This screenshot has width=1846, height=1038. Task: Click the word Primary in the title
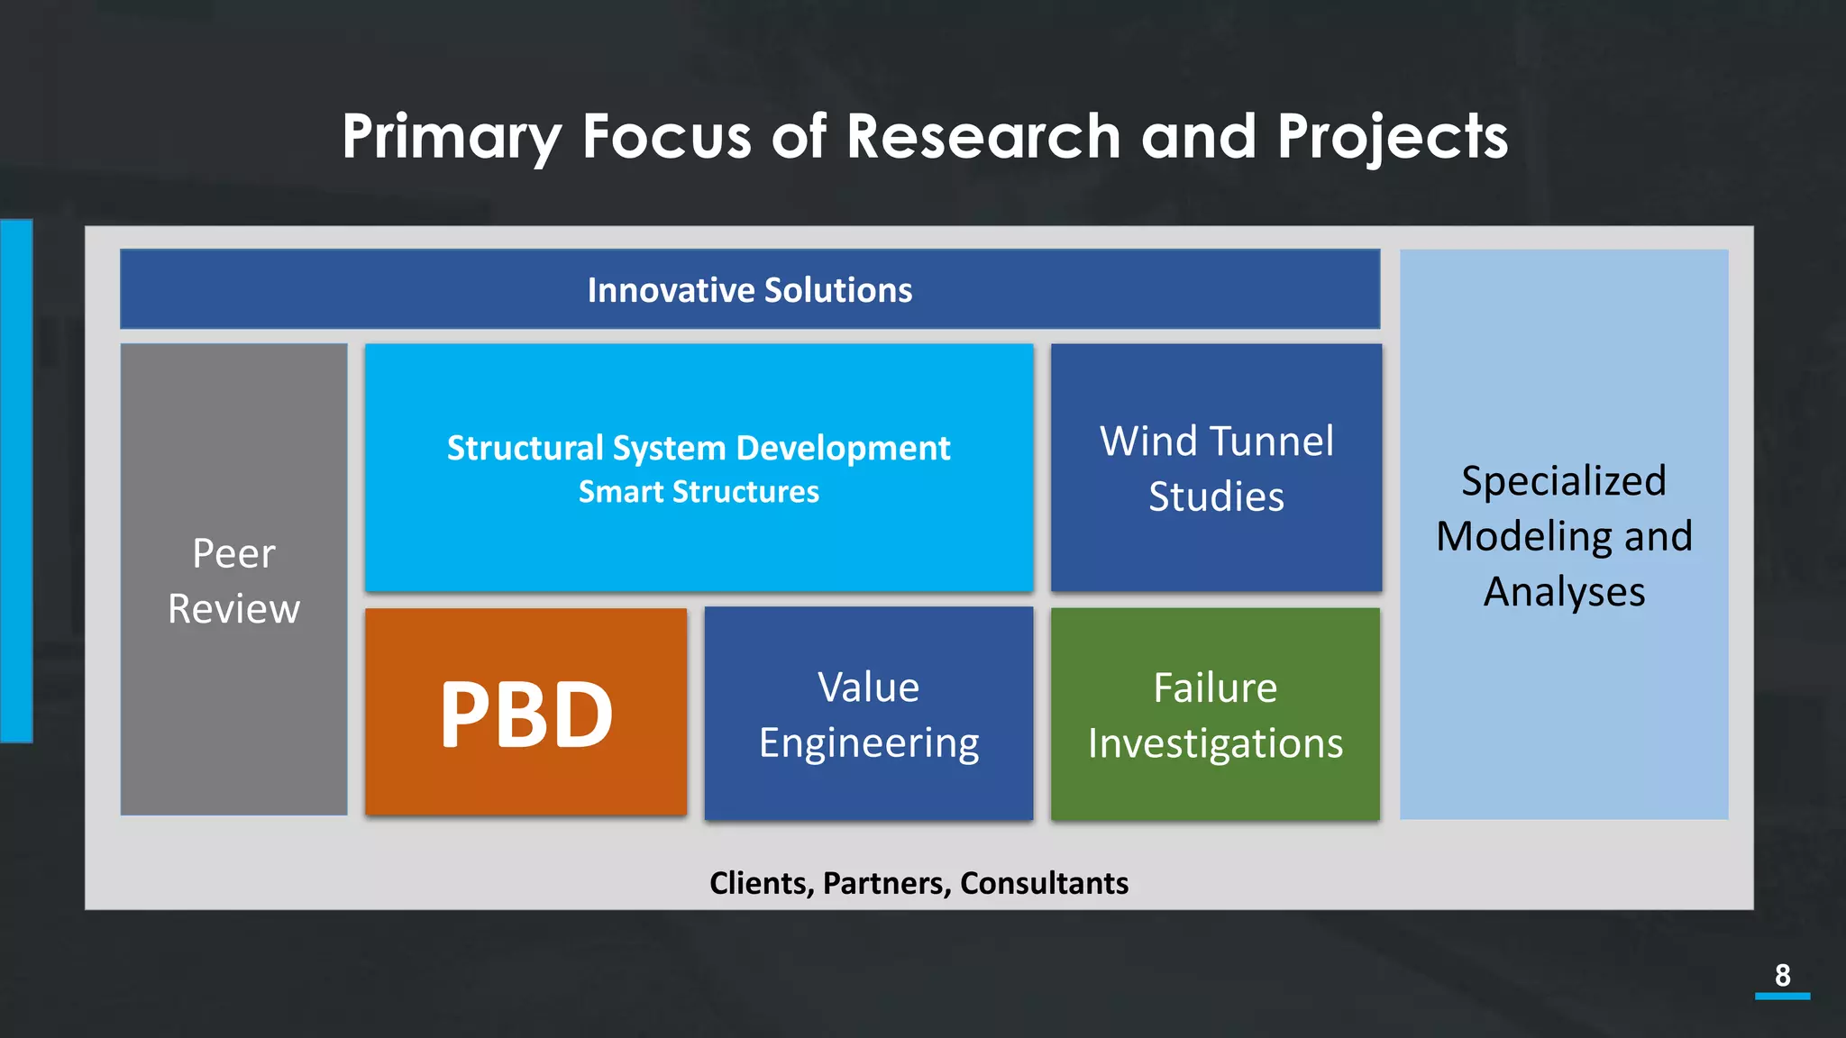coord(451,138)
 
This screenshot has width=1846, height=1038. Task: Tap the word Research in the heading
coord(982,136)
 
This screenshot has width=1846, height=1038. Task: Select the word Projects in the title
coord(1392,138)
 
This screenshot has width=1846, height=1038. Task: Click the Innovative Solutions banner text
coord(749,290)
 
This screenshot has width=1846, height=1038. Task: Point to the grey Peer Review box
coord(233,580)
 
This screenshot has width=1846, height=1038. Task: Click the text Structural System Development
coord(699,448)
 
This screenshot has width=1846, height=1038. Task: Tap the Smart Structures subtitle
coord(699,492)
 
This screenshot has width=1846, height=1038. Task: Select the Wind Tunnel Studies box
coord(1216,469)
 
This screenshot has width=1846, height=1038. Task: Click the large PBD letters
coord(526,715)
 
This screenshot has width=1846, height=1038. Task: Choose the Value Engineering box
coord(869,714)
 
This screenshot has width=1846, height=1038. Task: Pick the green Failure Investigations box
coord(1215,715)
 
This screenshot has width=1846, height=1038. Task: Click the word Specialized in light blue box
coord(1563,481)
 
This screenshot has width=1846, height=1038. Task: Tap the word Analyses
coord(1564,592)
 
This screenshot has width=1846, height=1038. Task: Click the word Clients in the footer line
coord(761,883)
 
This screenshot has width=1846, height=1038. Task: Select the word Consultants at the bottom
coord(1044,883)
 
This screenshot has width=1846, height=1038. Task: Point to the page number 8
coord(1782,975)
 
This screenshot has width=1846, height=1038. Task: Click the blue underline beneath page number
coord(1782,996)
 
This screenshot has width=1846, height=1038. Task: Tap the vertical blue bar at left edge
coord(16,480)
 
